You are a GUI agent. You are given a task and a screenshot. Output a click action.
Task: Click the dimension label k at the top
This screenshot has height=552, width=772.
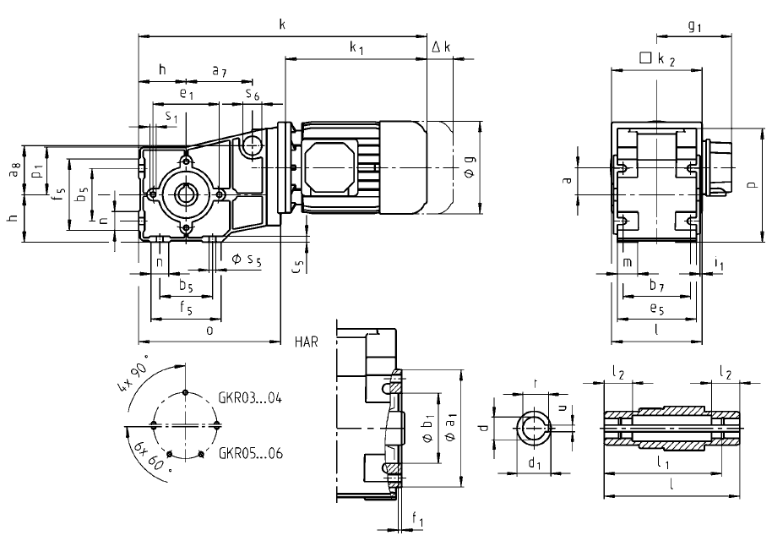click(282, 25)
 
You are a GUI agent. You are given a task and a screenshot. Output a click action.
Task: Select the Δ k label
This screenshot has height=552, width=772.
click(441, 46)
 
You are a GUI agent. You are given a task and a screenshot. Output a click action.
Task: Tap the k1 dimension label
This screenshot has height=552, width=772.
click(356, 47)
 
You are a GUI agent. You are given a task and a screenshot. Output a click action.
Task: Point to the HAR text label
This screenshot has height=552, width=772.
click(307, 342)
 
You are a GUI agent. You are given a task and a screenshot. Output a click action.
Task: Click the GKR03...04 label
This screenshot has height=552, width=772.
click(250, 398)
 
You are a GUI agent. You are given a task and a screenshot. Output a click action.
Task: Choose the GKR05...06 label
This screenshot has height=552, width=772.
click(251, 453)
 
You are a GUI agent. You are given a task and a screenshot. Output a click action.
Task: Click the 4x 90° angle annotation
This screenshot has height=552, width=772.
click(133, 372)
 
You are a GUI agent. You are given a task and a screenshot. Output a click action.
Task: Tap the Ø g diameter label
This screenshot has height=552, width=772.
click(470, 167)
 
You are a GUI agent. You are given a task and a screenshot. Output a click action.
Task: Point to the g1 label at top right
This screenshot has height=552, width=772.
click(694, 26)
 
